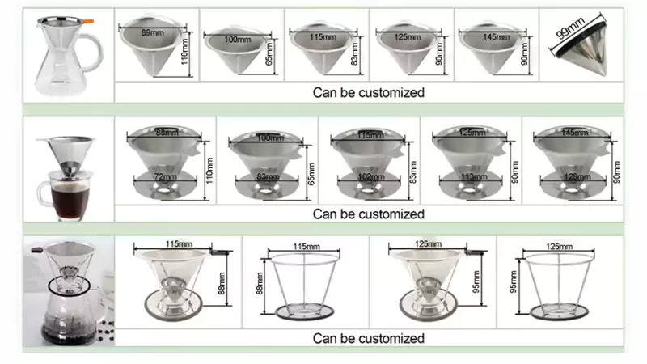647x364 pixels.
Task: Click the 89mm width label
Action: tap(152, 32)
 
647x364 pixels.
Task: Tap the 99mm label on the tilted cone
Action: tap(571, 28)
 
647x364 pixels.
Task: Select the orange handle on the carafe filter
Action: tap(88, 22)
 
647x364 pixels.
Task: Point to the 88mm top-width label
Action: tap(167, 133)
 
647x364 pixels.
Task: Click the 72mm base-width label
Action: tap(165, 176)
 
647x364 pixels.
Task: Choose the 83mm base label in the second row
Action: tap(268, 176)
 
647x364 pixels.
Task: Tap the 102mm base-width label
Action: tap(370, 176)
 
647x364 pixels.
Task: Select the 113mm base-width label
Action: tap(473, 176)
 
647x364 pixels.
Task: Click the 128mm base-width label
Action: tap(576, 176)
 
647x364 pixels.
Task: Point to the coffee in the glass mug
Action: tap(70, 201)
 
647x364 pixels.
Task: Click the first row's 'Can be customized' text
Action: tap(369, 92)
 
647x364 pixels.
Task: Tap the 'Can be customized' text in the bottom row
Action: tap(369, 338)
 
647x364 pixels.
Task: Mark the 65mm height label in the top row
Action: tap(269, 54)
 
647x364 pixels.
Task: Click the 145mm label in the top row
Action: tap(497, 36)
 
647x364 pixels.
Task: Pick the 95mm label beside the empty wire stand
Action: tap(514, 281)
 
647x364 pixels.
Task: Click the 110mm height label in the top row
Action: tap(184, 52)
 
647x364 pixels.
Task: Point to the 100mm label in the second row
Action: tap(270, 138)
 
